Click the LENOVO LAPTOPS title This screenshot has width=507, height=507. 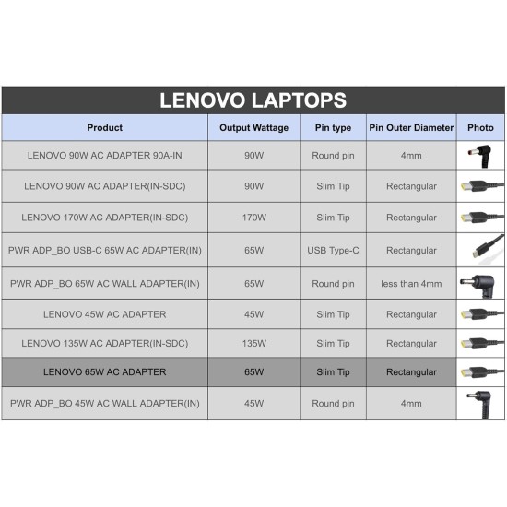coord(253,100)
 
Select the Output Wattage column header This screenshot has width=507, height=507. coord(253,128)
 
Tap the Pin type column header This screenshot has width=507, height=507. coord(332,128)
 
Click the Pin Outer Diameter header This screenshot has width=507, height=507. coord(411,128)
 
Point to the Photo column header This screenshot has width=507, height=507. coord(480,128)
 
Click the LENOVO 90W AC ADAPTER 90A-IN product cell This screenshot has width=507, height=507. coord(104,156)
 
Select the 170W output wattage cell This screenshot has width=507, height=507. coord(253,218)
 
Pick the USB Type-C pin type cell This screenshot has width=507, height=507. coord(332,251)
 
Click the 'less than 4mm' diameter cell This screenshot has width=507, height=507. coord(411,283)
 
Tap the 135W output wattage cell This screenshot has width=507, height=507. coord(253,344)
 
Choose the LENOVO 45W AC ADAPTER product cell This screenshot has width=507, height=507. coord(104,314)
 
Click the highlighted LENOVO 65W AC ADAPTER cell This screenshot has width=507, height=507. coord(104,372)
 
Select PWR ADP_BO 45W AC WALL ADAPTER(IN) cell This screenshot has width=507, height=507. coord(104,404)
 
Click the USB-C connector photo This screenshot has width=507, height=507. coord(480,250)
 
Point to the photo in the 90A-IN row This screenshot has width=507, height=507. coord(480,155)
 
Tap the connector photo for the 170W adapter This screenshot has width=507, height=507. coord(480,218)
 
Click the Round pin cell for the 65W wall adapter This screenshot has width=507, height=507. coord(332,283)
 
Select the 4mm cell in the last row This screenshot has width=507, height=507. coord(411,404)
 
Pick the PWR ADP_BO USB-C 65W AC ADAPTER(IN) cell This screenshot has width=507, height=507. coord(104,251)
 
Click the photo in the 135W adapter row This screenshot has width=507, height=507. coord(480,344)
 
